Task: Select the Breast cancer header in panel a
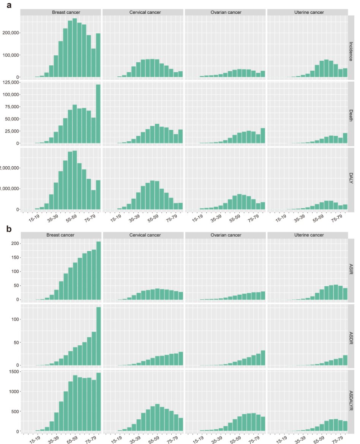pos(61,13)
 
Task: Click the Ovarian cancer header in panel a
pos(226,13)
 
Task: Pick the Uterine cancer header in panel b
pos(308,235)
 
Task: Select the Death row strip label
pos(352,114)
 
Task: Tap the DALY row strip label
pos(352,180)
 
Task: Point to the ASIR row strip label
pos(352,270)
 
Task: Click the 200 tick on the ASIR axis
pos(14,243)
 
